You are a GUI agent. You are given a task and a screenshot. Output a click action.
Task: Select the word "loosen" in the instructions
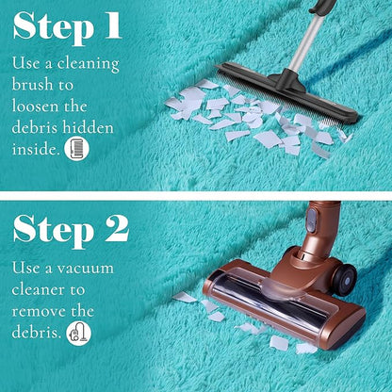point(36,106)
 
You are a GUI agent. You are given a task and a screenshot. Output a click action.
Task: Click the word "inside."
point(36,149)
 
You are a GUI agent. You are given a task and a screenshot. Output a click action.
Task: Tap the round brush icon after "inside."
point(76,149)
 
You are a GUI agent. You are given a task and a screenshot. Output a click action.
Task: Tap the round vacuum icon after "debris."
point(79,334)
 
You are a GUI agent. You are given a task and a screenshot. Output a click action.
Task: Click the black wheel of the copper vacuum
point(345,280)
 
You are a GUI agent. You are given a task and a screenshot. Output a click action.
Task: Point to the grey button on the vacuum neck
point(312,220)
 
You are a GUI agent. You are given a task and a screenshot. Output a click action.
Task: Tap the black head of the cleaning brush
point(287,91)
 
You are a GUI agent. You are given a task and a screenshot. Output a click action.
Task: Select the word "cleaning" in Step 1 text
point(89,64)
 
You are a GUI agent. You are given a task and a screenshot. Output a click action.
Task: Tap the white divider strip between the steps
point(196,196)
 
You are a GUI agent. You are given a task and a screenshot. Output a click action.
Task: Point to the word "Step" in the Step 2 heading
point(54,231)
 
